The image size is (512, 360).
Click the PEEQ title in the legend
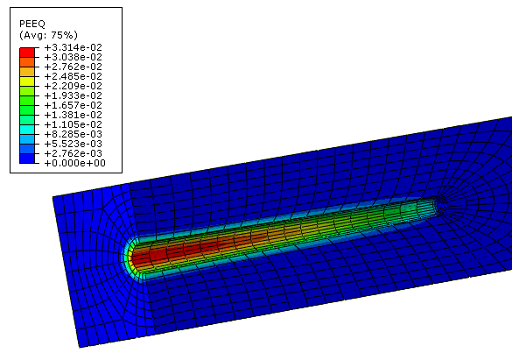click(x=32, y=24)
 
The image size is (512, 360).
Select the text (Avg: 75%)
click(x=48, y=35)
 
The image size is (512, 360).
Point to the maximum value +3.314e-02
click(x=74, y=47)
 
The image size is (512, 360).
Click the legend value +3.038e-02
click(x=74, y=57)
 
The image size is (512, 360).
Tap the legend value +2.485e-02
click(x=74, y=76)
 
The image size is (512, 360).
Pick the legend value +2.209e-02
click(x=74, y=86)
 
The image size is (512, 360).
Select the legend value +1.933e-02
click(x=74, y=95)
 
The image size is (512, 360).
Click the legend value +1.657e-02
click(x=74, y=105)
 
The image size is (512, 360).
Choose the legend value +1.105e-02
click(x=74, y=124)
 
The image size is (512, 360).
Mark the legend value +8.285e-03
click(x=74, y=134)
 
